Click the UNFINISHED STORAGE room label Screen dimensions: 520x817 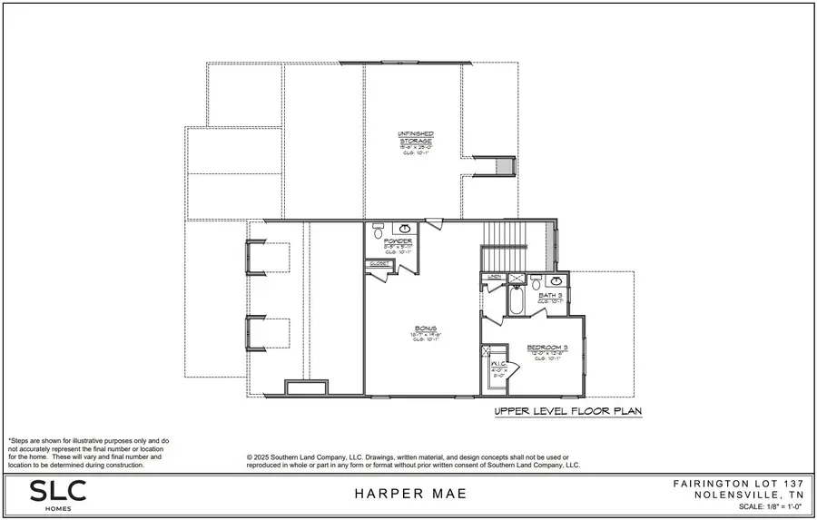tap(416, 138)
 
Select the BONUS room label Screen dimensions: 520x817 tap(426, 329)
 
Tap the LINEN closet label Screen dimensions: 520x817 tap(495, 277)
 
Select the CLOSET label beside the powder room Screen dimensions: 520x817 tap(379, 264)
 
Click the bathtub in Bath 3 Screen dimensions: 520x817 tap(516, 301)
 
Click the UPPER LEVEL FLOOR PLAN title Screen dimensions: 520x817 tap(567, 411)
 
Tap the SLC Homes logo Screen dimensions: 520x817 tap(59, 493)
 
